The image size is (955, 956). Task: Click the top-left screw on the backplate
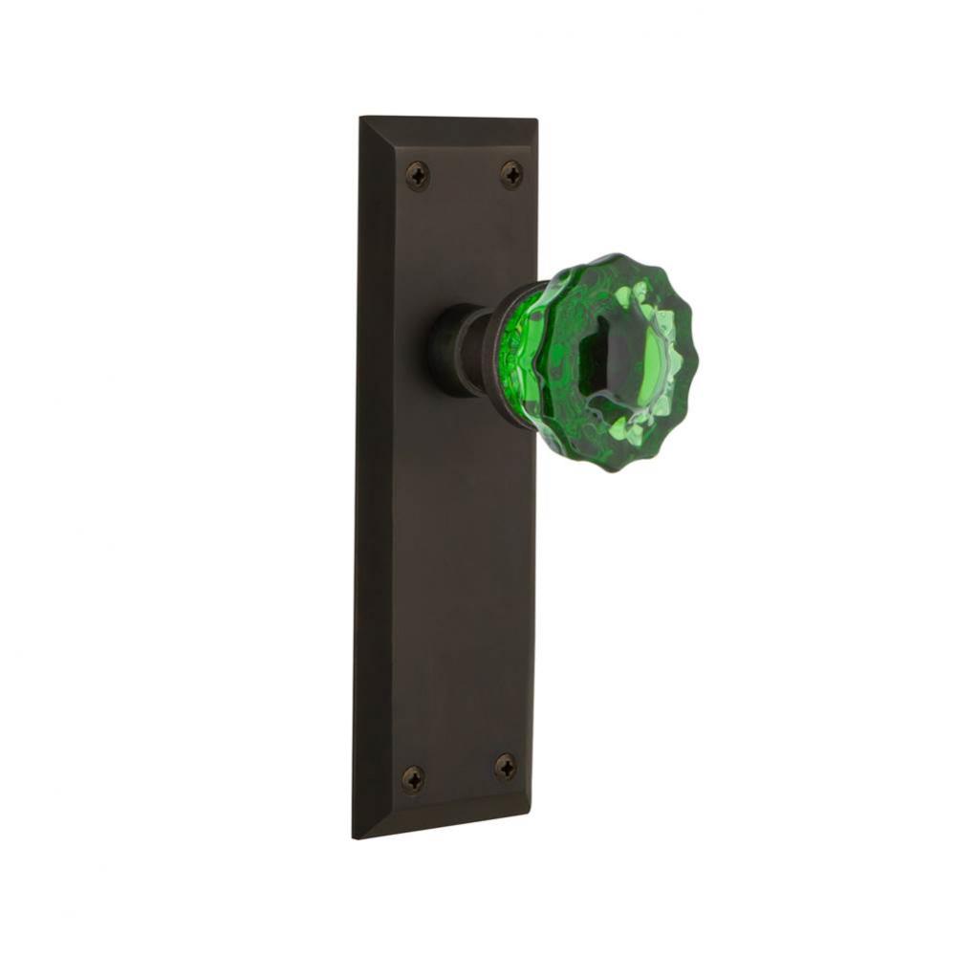coord(418,176)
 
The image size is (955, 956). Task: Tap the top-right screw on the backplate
coord(511,174)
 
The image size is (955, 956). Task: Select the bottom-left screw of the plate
coord(413,778)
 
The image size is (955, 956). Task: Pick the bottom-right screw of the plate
coord(506,767)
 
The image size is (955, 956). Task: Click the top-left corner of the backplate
coord(361,118)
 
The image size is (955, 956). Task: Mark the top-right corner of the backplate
coord(535,119)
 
